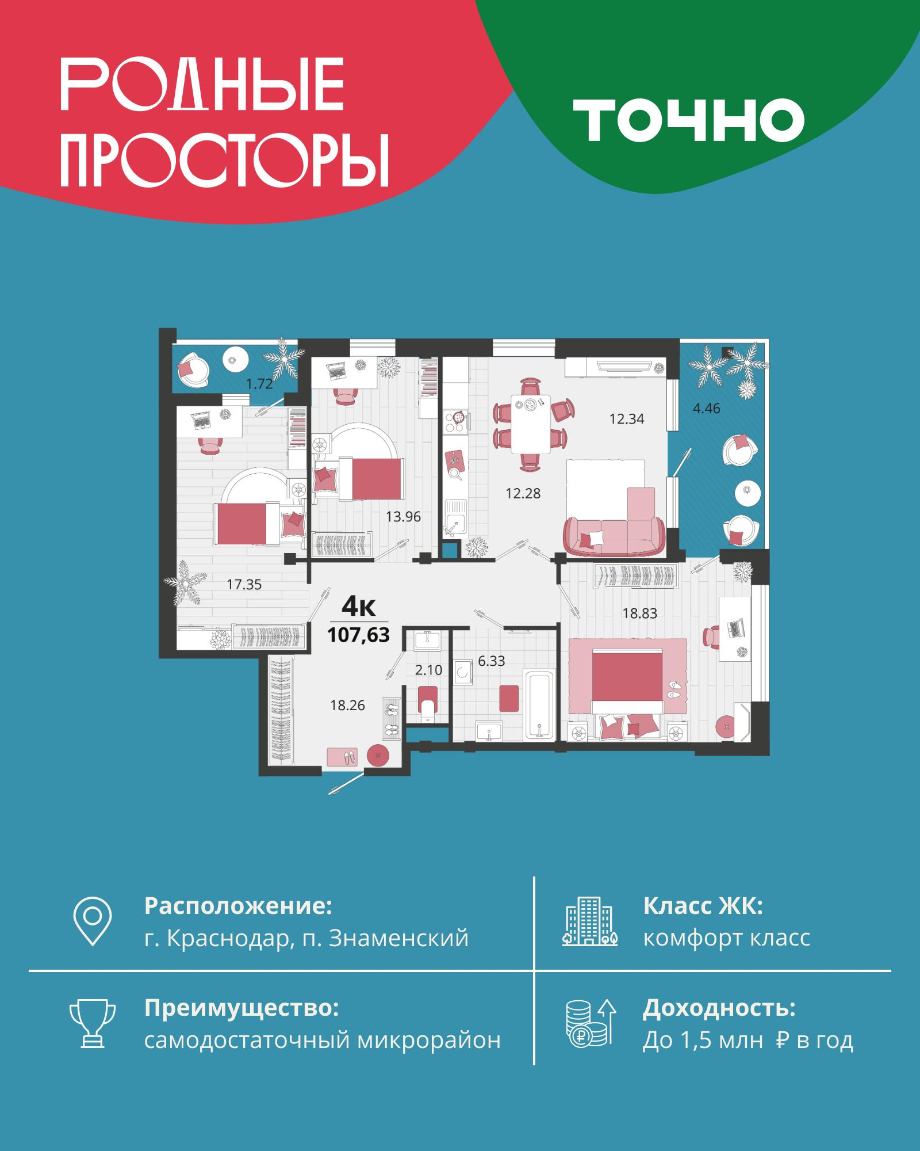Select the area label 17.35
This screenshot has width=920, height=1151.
[x=244, y=585]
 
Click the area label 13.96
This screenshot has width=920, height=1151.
[x=403, y=517]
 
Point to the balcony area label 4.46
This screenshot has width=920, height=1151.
[x=707, y=409]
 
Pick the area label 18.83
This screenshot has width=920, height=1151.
[x=639, y=613]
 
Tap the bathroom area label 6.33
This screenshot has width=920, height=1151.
[x=491, y=661]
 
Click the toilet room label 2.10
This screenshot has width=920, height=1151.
[x=428, y=670]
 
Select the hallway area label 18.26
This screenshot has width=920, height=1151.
[x=347, y=705]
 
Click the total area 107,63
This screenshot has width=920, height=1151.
[x=358, y=635]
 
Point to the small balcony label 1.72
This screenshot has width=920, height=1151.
[x=259, y=384]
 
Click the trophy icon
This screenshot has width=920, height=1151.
[x=93, y=1039]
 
